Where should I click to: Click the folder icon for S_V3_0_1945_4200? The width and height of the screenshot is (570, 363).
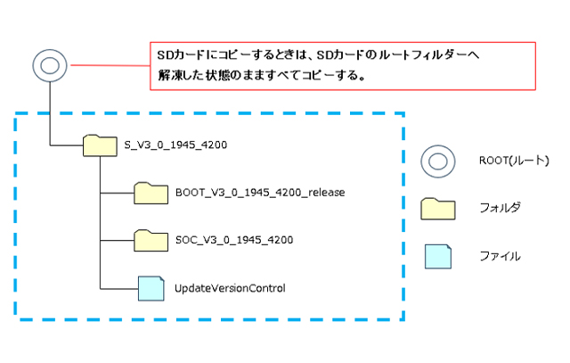tap(99, 144)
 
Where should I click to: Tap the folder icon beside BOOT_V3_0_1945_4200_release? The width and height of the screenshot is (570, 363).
tap(151, 192)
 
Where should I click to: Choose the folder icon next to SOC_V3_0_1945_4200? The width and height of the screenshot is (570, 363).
tap(151, 240)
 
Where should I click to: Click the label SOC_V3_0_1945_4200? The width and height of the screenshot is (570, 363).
tap(234, 240)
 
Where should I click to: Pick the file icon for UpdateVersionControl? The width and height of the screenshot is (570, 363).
tap(151, 288)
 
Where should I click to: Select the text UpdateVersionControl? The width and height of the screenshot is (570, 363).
tap(229, 288)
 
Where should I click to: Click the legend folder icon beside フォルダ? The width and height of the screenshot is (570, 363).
tap(439, 209)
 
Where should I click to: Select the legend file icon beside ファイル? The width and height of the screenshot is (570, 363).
tap(439, 255)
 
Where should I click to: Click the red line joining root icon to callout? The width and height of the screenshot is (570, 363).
tap(107, 65)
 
